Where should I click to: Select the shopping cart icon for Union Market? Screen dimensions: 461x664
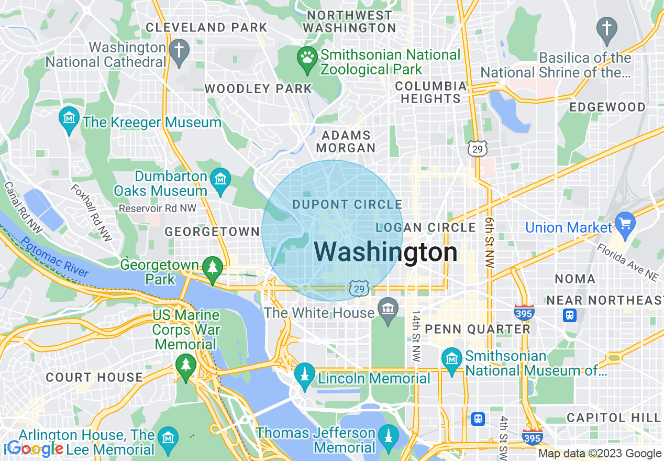coord(625,223)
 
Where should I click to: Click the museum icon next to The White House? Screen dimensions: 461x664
coord(388,310)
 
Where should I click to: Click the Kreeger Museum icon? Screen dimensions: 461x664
coord(69,118)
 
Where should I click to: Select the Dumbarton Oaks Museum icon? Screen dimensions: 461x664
coord(220,180)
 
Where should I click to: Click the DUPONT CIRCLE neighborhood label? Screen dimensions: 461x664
coord(347,205)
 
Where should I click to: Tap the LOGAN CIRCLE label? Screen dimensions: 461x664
coord(426,228)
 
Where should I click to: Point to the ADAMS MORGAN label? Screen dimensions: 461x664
coord(346,142)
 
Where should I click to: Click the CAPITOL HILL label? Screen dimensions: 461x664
coord(613,418)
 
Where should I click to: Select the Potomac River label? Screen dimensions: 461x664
coord(55,257)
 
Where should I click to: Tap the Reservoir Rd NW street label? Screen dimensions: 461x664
coord(157,208)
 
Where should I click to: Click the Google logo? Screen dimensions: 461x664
coord(35,449)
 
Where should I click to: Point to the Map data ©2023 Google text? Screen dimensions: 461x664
coord(600,454)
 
